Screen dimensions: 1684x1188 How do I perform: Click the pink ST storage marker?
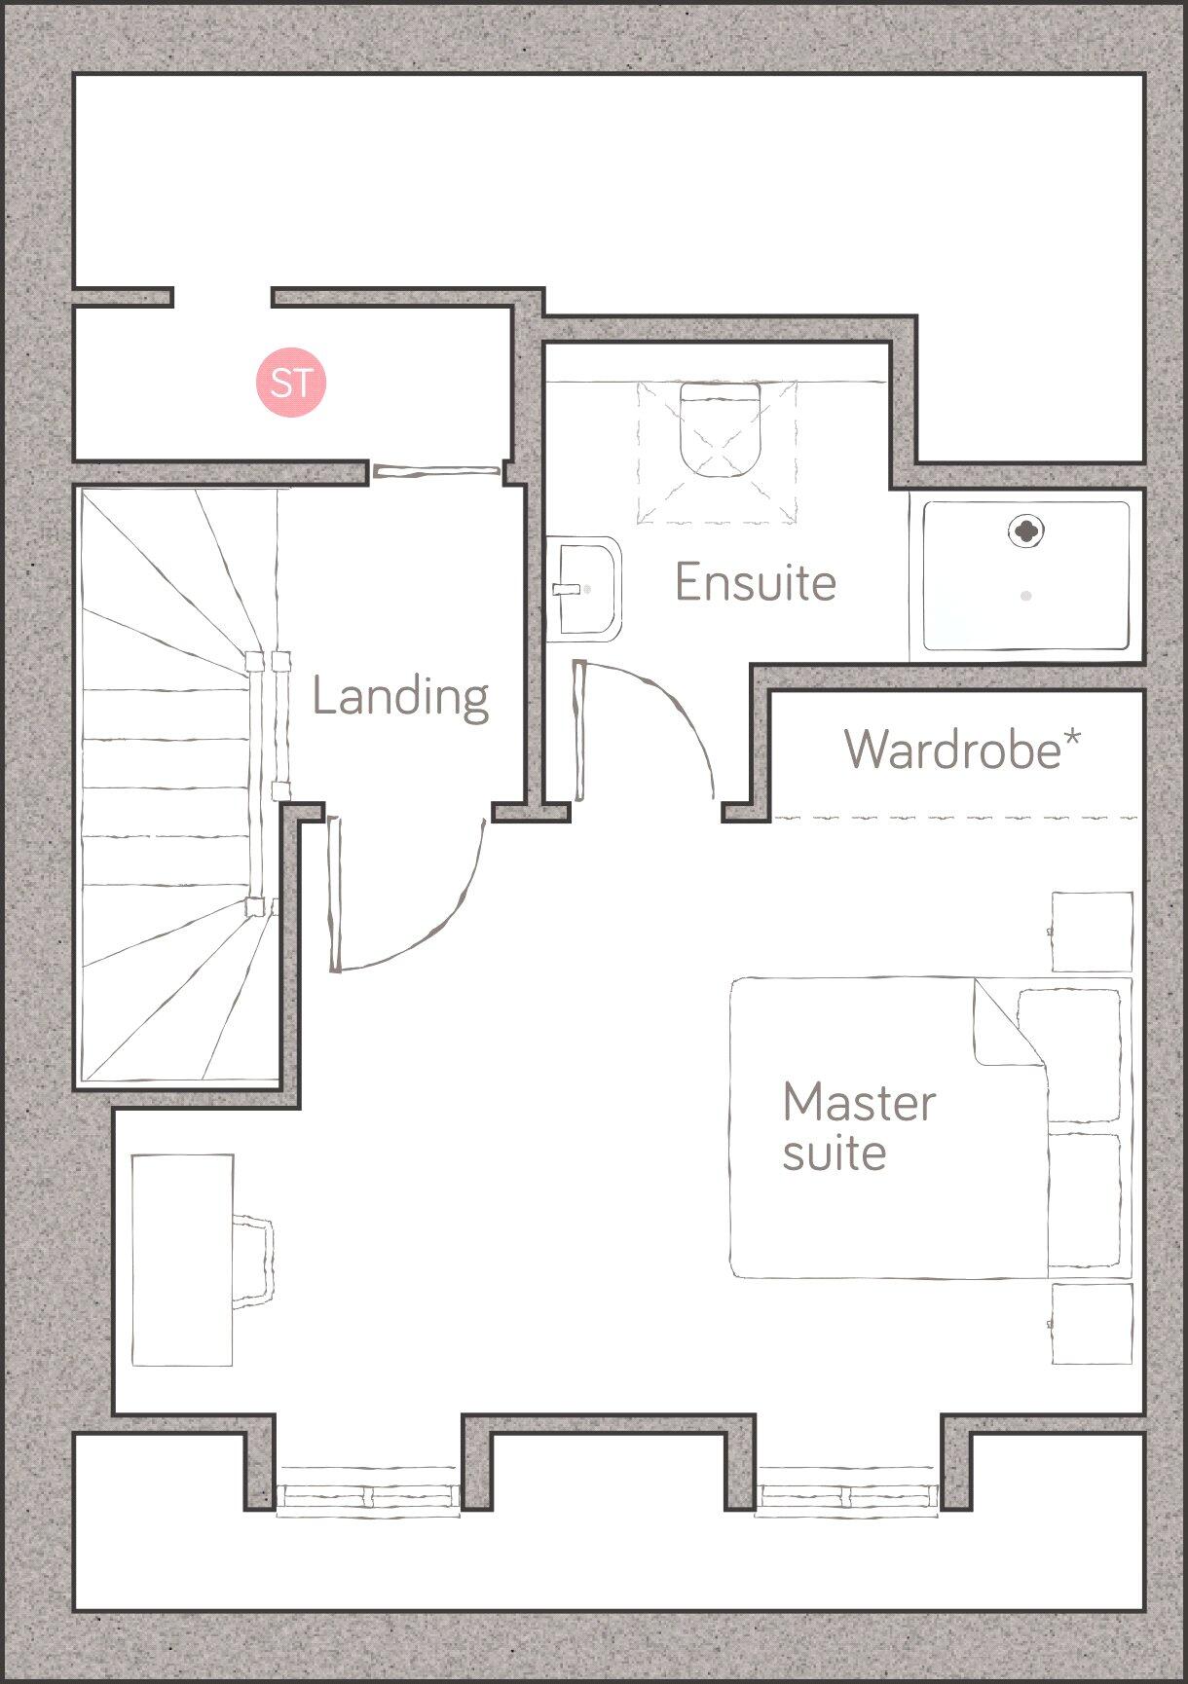tap(290, 382)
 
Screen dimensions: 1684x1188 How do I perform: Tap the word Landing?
tap(400, 697)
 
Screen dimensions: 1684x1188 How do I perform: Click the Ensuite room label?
tap(756, 582)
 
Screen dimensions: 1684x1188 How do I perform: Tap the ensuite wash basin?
tap(587, 588)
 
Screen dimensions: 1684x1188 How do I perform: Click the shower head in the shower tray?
tap(1025, 531)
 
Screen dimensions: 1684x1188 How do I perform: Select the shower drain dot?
tap(1025, 595)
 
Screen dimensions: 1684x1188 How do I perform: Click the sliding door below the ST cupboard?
tap(436, 472)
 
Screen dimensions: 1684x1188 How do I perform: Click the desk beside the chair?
tap(182, 1260)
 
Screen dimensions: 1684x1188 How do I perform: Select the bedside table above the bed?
tap(1092, 932)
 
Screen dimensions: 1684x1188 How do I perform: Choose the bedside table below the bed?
tap(1092, 1324)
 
